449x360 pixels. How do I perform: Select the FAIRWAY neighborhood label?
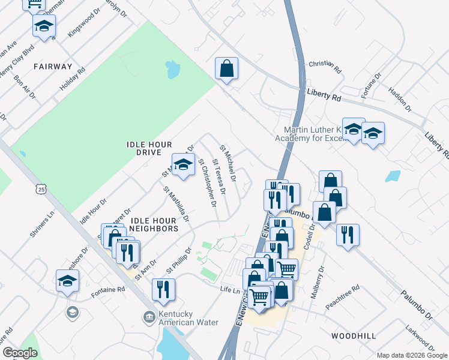[53, 67]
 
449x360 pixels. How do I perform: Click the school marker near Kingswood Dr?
[44, 26]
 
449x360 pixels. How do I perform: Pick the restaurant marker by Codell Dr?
[348, 235]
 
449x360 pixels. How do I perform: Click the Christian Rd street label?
[325, 66]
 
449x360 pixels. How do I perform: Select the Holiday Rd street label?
[73, 79]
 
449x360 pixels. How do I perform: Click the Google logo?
[20, 353]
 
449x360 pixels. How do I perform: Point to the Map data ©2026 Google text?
[412, 355]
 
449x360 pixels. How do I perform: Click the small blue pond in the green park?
[173, 70]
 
